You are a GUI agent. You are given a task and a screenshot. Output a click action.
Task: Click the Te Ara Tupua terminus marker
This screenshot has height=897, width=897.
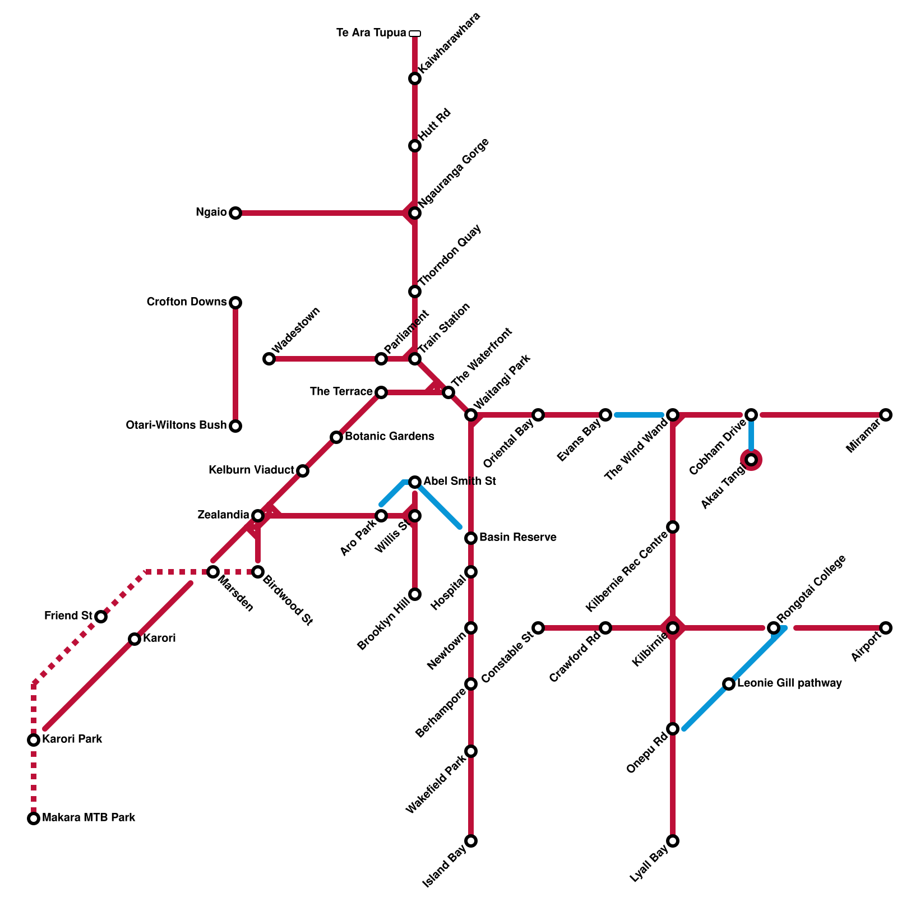coord(415,34)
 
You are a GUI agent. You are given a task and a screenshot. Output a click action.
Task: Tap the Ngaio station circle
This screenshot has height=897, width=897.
coord(235,213)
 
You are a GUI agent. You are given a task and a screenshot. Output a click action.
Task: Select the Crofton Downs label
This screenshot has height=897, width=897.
coord(186,302)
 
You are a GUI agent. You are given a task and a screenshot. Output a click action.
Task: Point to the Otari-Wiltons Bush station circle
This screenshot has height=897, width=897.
coord(235,426)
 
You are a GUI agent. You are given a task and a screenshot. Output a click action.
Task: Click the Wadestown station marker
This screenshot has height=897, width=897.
coord(269,359)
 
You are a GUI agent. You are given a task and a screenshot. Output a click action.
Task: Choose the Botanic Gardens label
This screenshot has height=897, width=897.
coord(389,436)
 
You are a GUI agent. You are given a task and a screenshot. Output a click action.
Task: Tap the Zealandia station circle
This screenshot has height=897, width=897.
coord(258,516)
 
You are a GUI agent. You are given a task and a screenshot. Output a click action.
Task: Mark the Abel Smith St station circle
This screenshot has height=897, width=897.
coord(415,482)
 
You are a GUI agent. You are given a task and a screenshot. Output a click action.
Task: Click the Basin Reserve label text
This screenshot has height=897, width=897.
coord(518,538)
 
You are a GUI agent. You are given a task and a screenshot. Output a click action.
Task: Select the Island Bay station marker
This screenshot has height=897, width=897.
coord(471,841)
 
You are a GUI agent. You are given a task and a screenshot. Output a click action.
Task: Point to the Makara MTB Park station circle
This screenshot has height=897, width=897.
coord(34,819)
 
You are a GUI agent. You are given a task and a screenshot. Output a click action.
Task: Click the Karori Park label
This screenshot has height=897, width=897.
coord(72,739)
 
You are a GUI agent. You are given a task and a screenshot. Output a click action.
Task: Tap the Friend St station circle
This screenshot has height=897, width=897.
coord(101,617)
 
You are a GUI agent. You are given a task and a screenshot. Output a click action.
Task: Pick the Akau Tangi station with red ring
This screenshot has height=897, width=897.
coord(751,460)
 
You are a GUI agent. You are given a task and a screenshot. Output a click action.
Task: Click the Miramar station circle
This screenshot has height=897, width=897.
coord(886,415)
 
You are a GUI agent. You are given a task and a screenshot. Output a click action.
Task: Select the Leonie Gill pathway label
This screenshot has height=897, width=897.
coord(789,683)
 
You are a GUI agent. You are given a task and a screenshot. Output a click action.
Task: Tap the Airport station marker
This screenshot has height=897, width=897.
coord(886,628)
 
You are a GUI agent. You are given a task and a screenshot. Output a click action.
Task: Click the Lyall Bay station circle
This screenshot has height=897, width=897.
coord(673,841)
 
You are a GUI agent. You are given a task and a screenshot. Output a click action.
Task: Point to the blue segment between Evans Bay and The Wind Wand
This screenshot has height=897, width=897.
coord(639,415)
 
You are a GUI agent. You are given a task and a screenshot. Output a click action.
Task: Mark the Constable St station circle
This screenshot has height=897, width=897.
coord(538,628)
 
